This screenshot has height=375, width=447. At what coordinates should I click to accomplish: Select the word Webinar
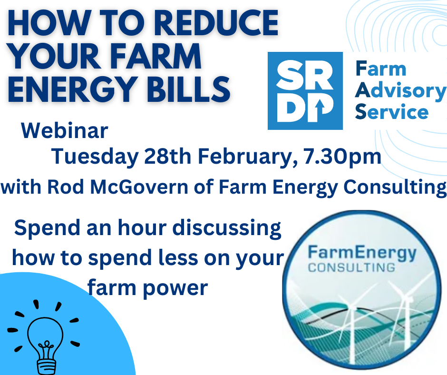pos(65,131)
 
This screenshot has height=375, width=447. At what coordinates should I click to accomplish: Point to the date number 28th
pos(167,157)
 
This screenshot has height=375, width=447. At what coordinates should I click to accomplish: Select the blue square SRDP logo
pos(305,91)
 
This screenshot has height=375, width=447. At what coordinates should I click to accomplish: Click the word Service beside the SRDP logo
pos(392,112)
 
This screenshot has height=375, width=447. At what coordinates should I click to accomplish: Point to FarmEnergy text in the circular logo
pos(362,254)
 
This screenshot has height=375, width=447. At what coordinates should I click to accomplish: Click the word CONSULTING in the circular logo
pos(351,268)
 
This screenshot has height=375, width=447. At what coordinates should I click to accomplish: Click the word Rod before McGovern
pos(65,187)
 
